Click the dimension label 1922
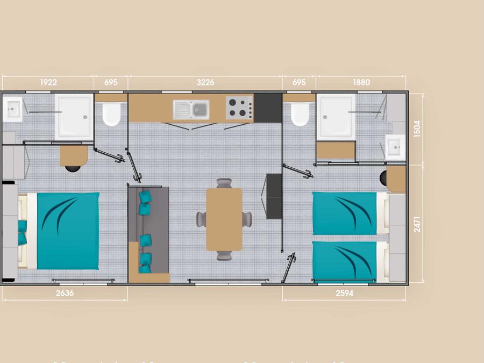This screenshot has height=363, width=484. pyautogui.click(x=48, y=82)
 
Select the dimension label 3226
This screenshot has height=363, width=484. pyautogui.click(x=205, y=82)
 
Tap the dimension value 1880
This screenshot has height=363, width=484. pyautogui.click(x=361, y=82)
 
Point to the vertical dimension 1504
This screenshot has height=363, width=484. pyautogui.click(x=417, y=129)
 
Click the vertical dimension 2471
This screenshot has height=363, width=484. pyautogui.click(x=417, y=224)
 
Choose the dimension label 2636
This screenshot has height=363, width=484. pyautogui.click(x=65, y=293)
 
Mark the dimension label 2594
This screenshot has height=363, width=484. pyautogui.click(x=345, y=293)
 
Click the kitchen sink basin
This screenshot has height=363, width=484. pyautogui.click(x=191, y=110)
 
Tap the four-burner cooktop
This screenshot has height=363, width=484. pyautogui.click(x=239, y=108)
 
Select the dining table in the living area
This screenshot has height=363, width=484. pyautogui.click(x=224, y=219)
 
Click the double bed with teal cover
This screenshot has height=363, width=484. pyautogui.click(x=59, y=231)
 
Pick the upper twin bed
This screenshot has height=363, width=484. pyautogui.click(x=350, y=213)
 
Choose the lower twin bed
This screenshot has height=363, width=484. pyautogui.click(x=350, y=261)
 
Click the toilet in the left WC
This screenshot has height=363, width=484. pyautogui.click(x=111, y=113)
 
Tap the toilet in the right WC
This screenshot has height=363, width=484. pyautogui.click(x=300, y=113)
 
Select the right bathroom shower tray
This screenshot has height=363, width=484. pyautogui.click(x=336, y=117)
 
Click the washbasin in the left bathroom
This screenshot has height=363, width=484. pyautogui.click(x=12, y=109)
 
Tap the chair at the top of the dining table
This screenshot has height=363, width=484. pyautogui.click(x=224, y=183)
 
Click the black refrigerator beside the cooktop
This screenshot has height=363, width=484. pyautogui.click(x=268, y=108)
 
